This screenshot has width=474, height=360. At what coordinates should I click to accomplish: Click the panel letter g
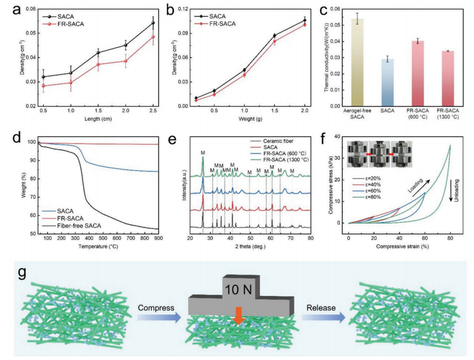coord(23,273)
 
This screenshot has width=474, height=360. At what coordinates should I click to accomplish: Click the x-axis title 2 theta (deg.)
coord(249,247)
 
